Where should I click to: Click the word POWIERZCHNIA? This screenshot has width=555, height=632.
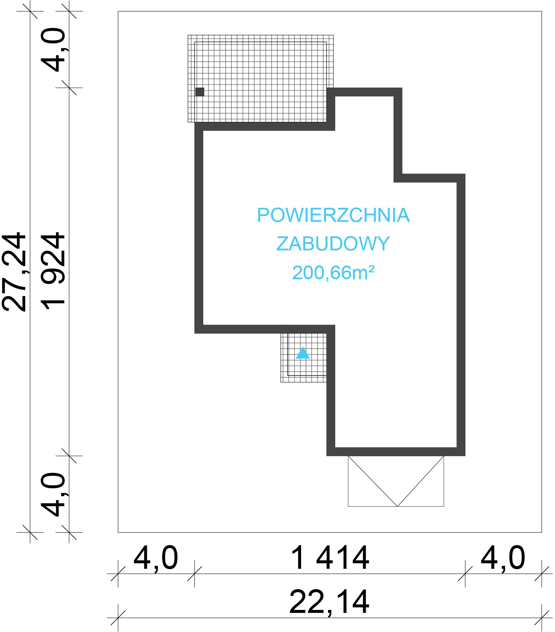point(333,215)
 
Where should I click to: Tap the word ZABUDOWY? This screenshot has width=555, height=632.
point(333,244)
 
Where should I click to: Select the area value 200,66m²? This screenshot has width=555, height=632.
point(333,272)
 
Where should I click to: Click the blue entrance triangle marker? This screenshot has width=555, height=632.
point(303,353)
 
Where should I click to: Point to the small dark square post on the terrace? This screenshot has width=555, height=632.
point(200,92)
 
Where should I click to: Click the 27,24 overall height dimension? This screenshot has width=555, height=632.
point(14,272)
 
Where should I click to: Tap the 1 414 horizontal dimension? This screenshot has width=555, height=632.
point(330,558)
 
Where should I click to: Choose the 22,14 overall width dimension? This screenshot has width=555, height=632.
point(329,602)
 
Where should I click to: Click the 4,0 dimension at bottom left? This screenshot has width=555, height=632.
point(156,559)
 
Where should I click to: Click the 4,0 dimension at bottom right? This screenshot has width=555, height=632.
point(502,559)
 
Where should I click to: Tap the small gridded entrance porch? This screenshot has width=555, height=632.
point(303,358)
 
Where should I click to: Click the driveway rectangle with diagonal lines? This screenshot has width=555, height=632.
point(396,481)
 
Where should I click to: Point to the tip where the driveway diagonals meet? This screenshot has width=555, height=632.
point(397,506)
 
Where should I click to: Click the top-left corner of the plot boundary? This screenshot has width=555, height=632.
point(118,11)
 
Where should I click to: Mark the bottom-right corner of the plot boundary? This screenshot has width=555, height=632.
point(542,532)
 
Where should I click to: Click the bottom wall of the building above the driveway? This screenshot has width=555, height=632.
point(396,451)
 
